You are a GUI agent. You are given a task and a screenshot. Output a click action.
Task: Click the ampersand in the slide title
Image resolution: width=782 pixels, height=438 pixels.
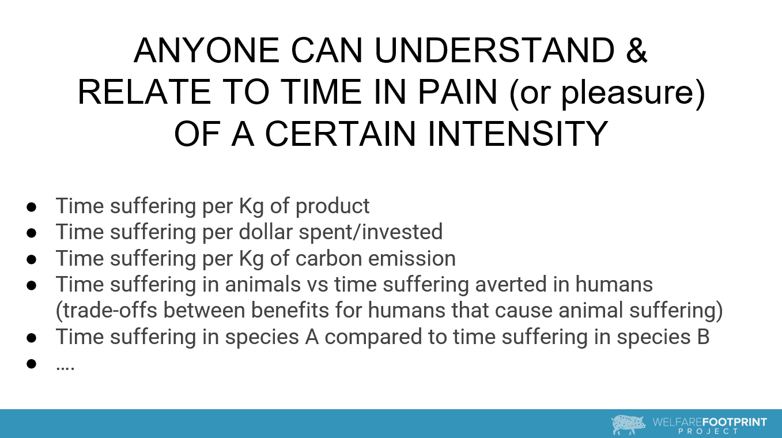click(637, 50)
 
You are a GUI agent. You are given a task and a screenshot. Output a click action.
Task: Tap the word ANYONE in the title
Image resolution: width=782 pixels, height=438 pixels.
click(206, 50)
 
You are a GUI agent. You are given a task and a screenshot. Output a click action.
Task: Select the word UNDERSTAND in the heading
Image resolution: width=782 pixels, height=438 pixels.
click(494, 50)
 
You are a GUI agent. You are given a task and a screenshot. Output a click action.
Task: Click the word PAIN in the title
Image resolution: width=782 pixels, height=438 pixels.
click(458, 92)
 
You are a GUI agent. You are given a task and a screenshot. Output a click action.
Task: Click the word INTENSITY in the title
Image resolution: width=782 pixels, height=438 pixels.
click(517, 134)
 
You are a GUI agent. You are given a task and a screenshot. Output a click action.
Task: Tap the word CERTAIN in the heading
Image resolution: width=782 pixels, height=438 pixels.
click(341, 134)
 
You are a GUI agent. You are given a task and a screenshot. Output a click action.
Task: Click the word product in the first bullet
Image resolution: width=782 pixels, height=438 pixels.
click(333, 207)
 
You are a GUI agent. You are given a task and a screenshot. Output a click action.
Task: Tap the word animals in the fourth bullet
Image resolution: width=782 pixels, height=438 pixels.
click(263, 284)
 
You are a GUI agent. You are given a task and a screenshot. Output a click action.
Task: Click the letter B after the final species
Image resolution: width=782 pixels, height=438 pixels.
click(703, 337)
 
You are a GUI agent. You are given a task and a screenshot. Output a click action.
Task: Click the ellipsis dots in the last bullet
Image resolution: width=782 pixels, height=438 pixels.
click(65, 368)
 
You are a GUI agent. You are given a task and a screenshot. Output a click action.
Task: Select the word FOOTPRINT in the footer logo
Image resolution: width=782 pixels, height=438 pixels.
click(734, 422)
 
